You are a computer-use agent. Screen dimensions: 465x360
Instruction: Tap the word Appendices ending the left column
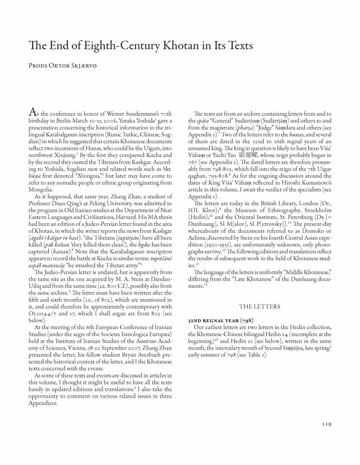click(36, 403)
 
